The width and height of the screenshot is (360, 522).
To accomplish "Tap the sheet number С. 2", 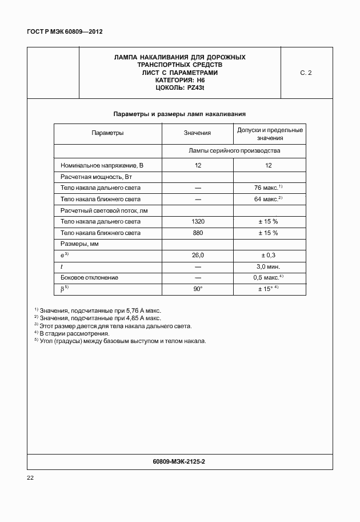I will pos(306,73).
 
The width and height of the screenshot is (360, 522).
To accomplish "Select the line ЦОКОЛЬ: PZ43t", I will pos(179,88).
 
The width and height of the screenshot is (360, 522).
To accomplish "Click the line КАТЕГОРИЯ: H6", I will pos(179,81).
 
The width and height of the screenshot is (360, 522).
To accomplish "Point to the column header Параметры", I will pos(107,133).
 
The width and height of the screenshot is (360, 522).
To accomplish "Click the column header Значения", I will pos(197,133).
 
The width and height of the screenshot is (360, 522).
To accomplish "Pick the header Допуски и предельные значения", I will pos(270,134).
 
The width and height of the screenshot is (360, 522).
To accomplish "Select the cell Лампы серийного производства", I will pos(234,151).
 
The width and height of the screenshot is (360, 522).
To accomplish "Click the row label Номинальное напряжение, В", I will pos(102,165).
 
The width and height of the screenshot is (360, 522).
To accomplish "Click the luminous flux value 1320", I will pos(198,221).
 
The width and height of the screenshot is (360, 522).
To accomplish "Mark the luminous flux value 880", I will pos(198,233).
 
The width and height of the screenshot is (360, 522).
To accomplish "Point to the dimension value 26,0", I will pos(198,255).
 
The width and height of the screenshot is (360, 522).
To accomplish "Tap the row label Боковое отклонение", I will pos(89,277).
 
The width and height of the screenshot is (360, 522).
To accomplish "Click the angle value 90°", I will pos(198,289).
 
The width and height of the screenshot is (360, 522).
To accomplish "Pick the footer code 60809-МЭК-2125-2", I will pos(179,460).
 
